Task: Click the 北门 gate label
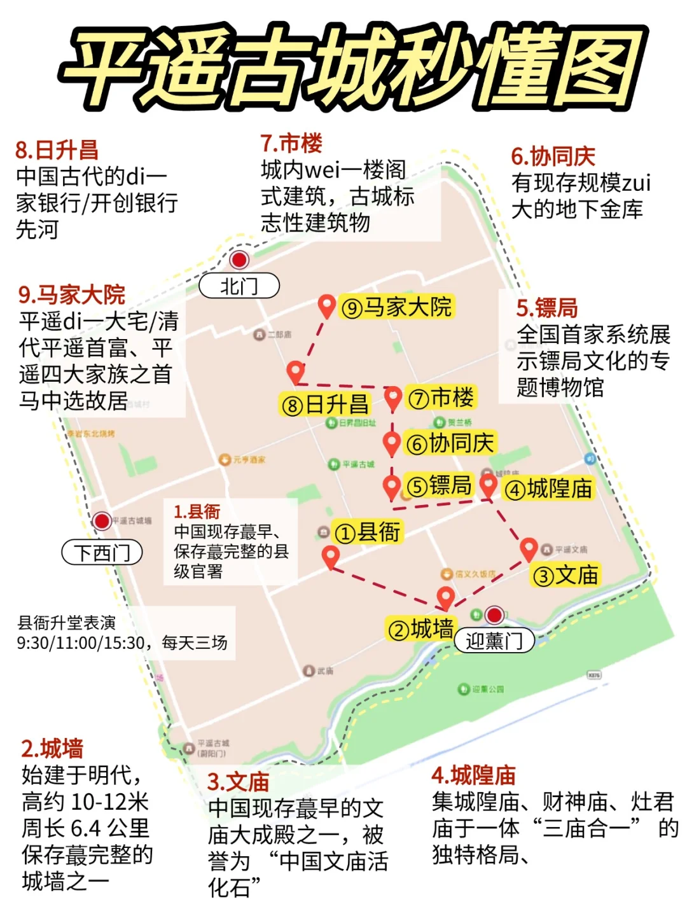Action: click(239, 286)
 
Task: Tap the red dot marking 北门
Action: click(239, 260)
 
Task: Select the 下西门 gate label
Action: click(102, 552)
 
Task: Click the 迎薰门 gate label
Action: click(494, 641)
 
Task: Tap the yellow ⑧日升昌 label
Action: click(325, 405)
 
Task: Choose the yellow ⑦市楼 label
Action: click(441, 398)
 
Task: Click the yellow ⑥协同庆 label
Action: click(450, 443)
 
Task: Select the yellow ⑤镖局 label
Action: click(439, 486)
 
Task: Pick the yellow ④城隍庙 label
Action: click(548, 489)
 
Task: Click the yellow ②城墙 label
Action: click(420, 629)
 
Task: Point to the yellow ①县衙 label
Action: click(368, 532)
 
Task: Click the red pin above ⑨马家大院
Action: click(327, 305)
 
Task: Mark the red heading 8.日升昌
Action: click(57, 151)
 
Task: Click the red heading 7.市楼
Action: click(291, 144)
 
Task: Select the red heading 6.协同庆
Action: click(553, 156)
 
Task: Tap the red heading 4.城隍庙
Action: click(474, 775)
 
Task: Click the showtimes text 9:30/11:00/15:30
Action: click(81, 643)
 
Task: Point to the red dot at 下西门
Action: click(102, 521)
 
